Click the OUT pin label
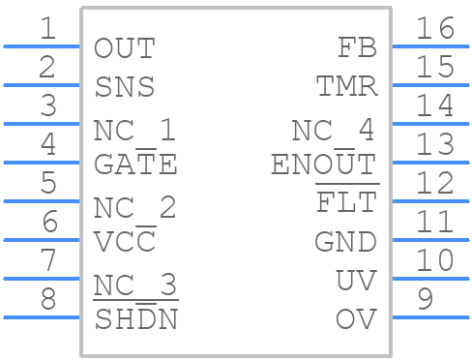[x=125, y=48]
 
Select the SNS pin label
[x=125, y=87]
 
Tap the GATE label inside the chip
[x=135, y=165]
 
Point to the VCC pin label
[x=125, y=242]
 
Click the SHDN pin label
[x=135, y=319]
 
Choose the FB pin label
[x=357, y=48]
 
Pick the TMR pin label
[x=346, y=87]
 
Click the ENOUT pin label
[x=323, y=165]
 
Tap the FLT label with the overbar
[x=346, y=203]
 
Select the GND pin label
[x=345, y=242]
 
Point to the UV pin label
[x=356, y=281]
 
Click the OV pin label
[x=356, y=319]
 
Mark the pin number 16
[x=434, y=29]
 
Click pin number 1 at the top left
[x=47, y=29]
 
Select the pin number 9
[x=424, y=300]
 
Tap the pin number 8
[x=47, y=300]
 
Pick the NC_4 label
[x=334, y=130]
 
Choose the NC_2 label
[x=135, y=207]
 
